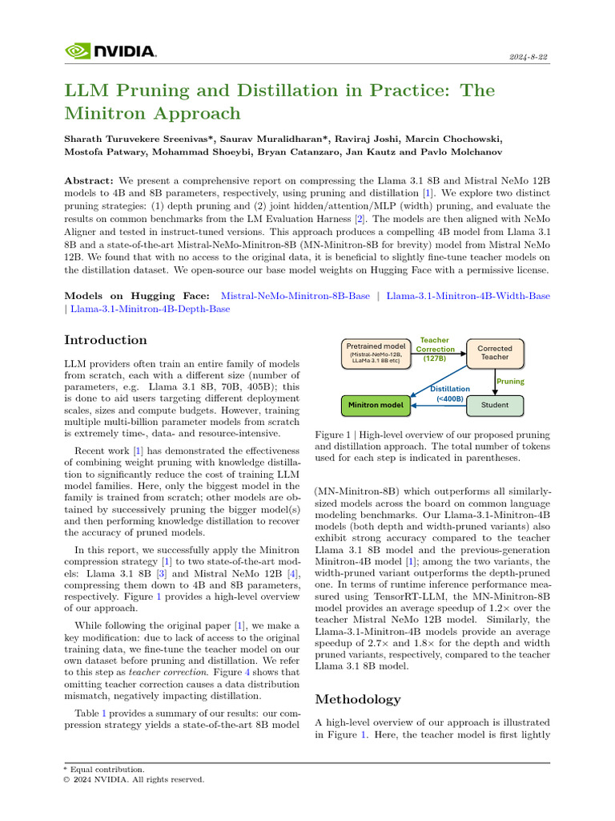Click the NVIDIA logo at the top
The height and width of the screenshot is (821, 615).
110,51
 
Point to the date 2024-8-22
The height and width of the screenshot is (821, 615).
529,57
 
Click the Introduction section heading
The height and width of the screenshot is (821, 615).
106,340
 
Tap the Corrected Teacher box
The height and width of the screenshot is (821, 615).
494,353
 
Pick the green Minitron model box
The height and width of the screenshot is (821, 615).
376,406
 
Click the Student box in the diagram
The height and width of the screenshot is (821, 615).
494,406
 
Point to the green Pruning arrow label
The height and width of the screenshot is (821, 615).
511,382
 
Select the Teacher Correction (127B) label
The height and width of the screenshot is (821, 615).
436,350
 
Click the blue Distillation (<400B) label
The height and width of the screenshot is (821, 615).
449,393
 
